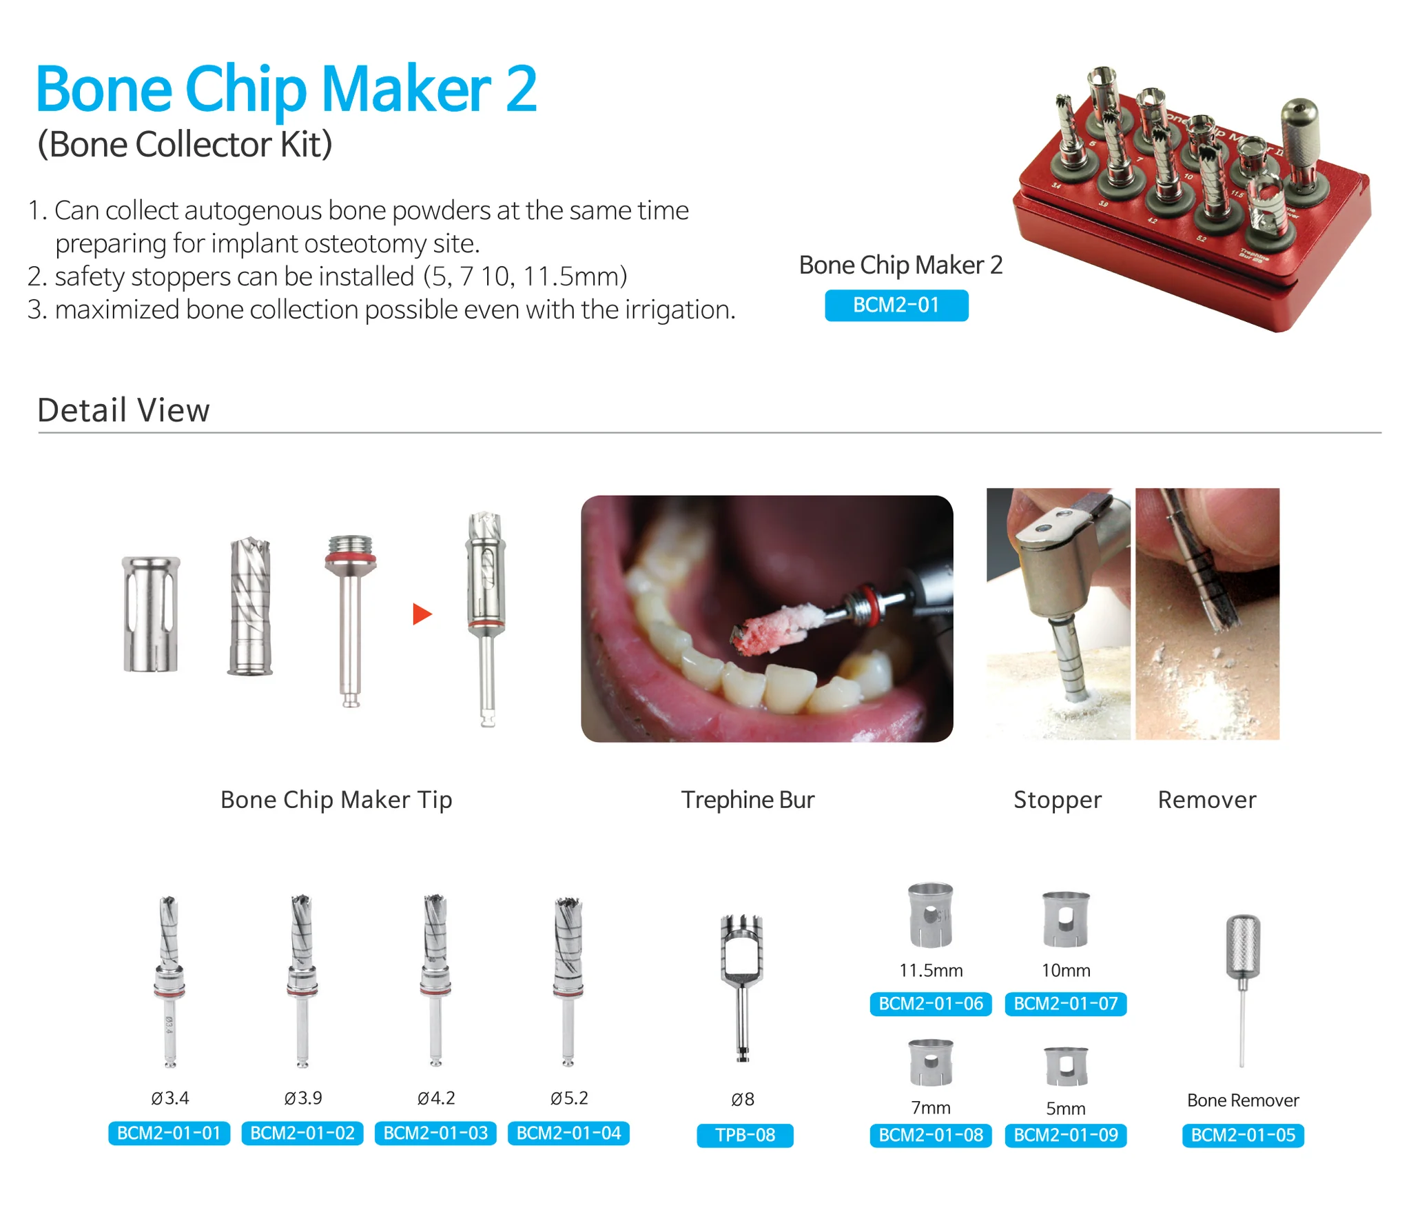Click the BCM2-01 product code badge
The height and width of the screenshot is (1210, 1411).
[x=896, y=305]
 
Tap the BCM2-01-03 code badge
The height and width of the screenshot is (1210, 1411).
[x=435, y=1133]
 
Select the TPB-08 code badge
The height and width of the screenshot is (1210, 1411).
[x=745, y=1135]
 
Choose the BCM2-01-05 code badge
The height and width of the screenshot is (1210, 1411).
[x=1243, y=1135]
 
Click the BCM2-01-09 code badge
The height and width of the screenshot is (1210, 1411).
[x=1066, y=1135]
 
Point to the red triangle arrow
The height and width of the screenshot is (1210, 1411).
[x=422, y=614]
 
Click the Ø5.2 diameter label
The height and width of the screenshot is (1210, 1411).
[x=569, y=1098]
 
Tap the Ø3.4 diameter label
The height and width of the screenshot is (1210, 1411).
[x=169, y=1098]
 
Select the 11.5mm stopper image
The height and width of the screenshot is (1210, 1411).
[x=931, y=914]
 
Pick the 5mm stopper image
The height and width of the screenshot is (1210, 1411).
[x=1066, y=1066]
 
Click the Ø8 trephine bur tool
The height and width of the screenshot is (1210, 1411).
[x=741, y=988]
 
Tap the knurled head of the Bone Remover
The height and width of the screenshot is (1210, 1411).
[x=1243, y=947]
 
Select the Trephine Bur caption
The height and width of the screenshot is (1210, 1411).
[x=748, y=800]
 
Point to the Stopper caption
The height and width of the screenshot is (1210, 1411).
[x=1058, y=800]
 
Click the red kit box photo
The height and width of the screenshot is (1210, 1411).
[x=1192, y=200]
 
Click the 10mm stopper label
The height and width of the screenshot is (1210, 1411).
[x=1066, y=970]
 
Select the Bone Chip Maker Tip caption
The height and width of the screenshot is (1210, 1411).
[x=336, y=800]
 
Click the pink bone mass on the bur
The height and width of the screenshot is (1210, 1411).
[x=770, y=629]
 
